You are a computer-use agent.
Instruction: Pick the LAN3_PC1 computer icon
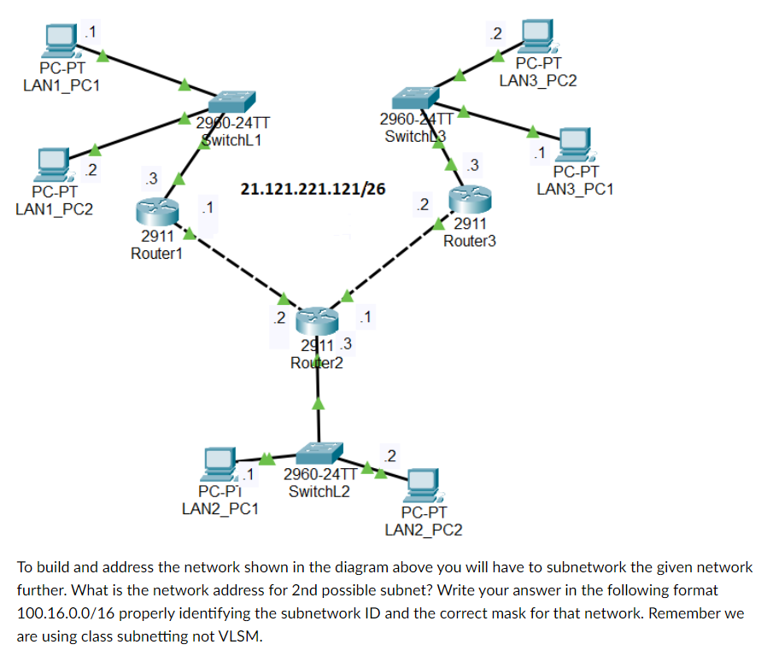click(x=575, y=144)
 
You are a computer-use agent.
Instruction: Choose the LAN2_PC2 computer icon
click(x=424, y=485)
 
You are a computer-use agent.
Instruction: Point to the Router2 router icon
click(x=318, y=322)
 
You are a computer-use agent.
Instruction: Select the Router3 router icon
click(x=471, y=199)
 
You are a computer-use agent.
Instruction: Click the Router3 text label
click(x=469, y=241)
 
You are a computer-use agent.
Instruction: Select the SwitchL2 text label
click(x=319, y=492)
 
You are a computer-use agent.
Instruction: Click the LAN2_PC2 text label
click(x=424, y=530)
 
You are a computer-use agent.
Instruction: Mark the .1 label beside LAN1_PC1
click(x=89, y=32)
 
